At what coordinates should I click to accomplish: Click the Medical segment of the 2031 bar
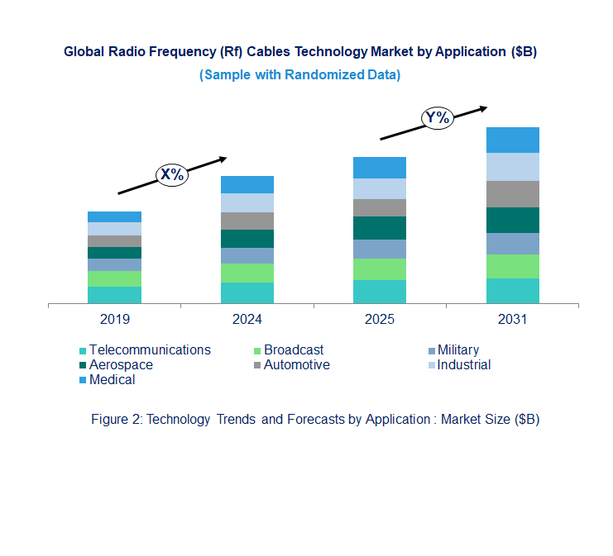tap(512, 140)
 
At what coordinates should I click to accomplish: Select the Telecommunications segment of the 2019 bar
tap(114, 295)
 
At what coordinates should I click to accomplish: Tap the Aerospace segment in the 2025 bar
tap(379, 228)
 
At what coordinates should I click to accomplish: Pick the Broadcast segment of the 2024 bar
tap(247, 273)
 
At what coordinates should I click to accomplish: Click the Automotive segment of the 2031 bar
tap(512, 194)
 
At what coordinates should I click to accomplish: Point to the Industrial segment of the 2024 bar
tap(247, 202)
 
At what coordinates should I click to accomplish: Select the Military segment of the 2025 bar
tap(379, 249)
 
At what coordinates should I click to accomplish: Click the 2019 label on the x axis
tap(114, 319)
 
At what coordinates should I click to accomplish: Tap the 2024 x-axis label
tap(247, 319)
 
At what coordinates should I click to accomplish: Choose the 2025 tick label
tap(380, 319)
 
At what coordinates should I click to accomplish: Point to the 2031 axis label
tap(512, 319)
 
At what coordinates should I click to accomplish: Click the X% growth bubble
tap(172, 174)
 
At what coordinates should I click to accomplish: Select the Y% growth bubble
tap(437, 117)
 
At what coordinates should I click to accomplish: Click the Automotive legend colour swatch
tap(257, 365)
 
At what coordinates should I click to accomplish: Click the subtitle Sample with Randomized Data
tap(300, 74)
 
